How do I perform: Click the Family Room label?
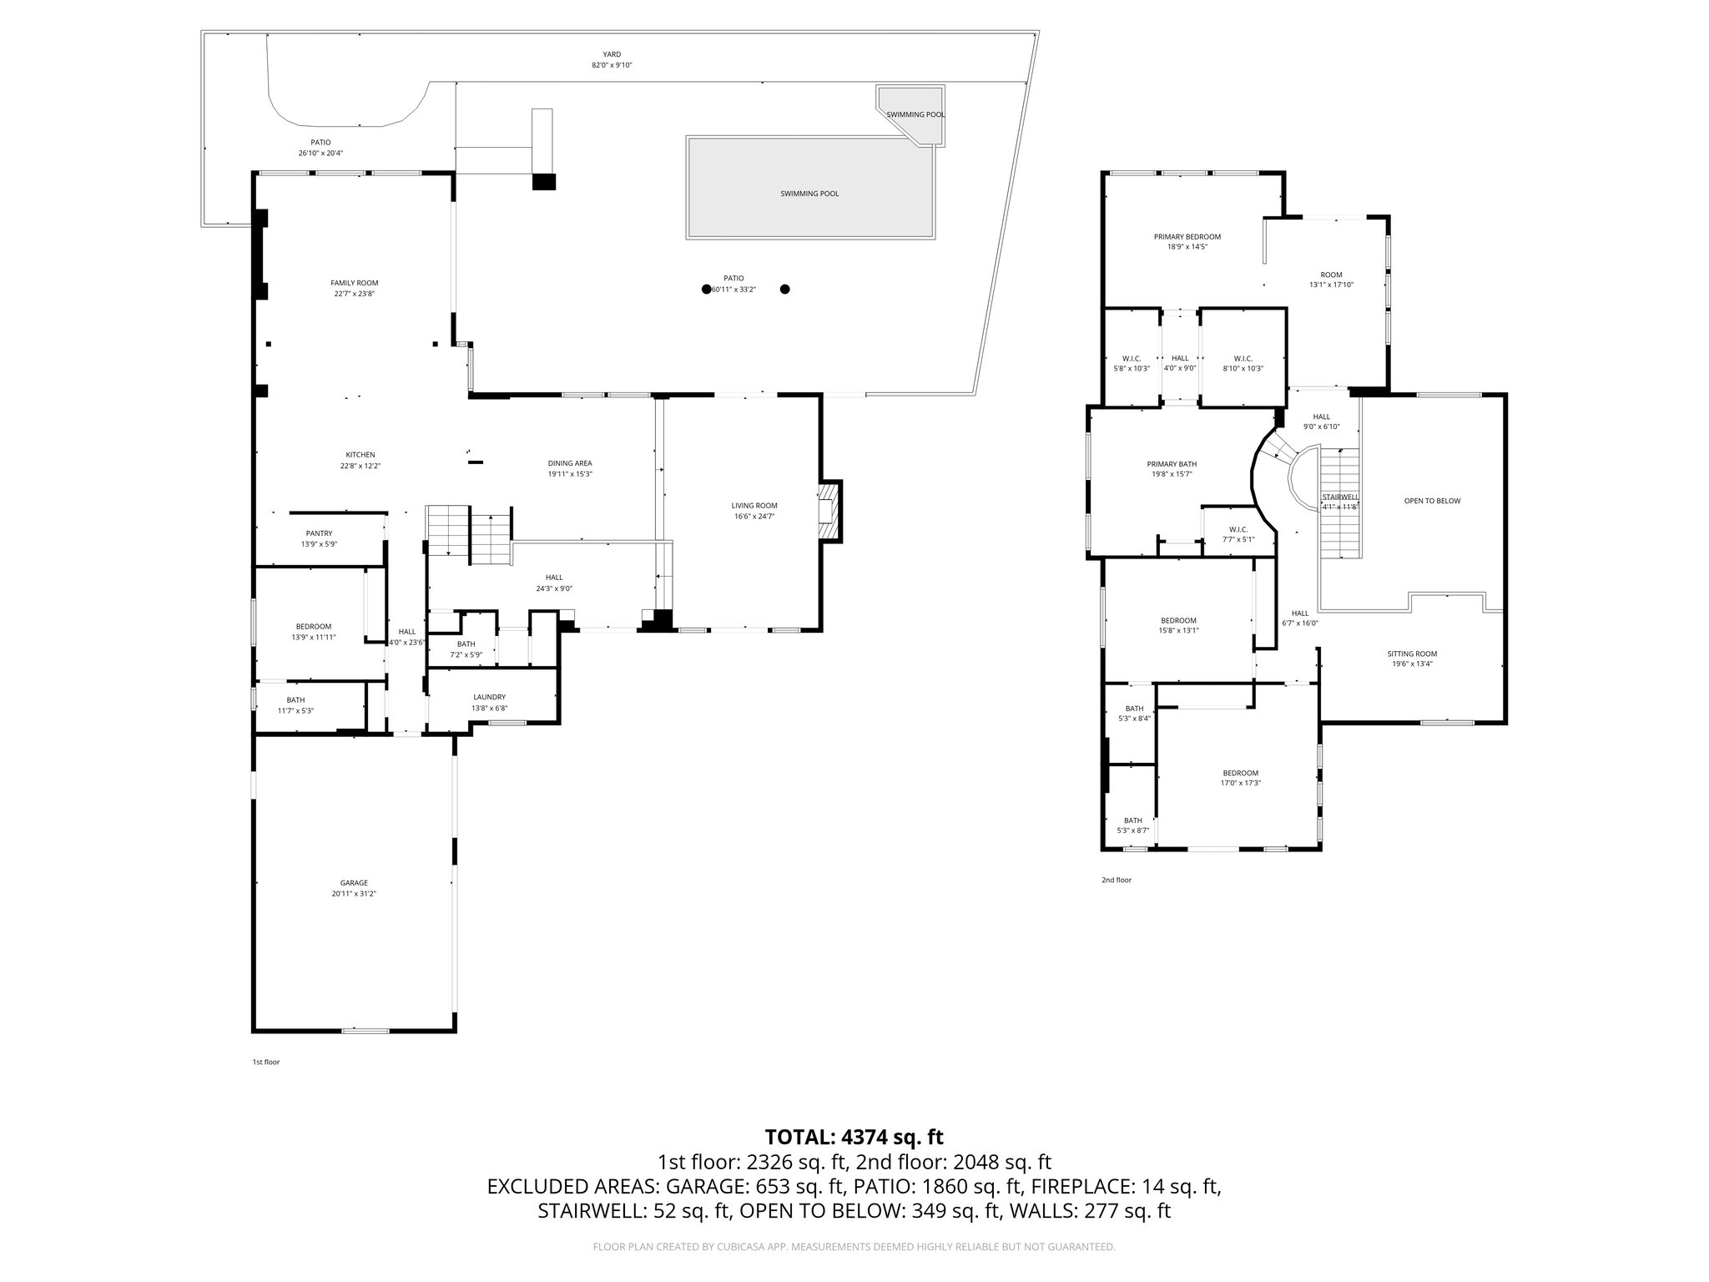(x=354, y=283)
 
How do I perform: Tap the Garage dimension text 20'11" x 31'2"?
(x=354, y=893)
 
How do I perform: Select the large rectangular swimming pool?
(x=809, y=188)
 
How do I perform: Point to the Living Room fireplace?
(x=829, y=511)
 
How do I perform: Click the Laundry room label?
(x=489, y=697)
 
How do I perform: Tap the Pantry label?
(x=319, y=533)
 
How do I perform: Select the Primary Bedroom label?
(x=1187, y=237)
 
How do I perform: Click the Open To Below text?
(x=1432, y=501)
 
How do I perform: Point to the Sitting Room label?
(x=1412, y=654)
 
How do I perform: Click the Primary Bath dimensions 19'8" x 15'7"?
(x=1172, y=474)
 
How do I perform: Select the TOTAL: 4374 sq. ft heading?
(x=854, y=1136)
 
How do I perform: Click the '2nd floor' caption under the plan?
(x=1117, y=880)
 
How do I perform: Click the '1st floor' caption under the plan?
(x=266, y=1062)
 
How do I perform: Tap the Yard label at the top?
(x=612, y=54)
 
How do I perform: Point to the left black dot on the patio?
(x=706, y=290)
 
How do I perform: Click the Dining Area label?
(x=570, y=463)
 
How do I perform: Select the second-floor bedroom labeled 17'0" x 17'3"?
(x=1240, y=773)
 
